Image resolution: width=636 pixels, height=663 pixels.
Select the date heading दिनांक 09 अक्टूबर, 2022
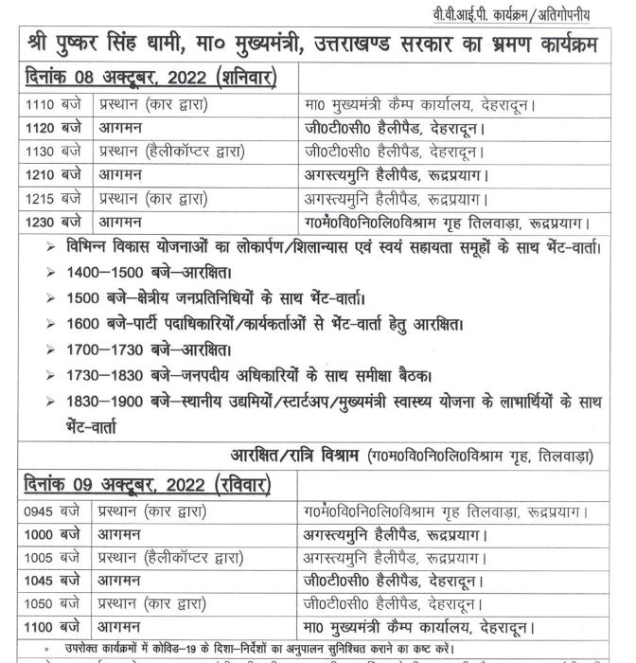142,487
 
